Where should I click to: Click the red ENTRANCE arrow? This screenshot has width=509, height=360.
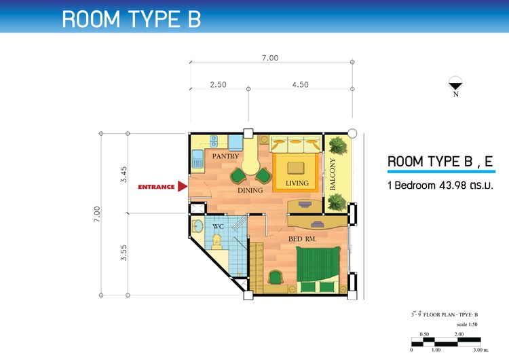click(x=183, y=187)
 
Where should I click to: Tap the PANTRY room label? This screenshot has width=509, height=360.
click(x=225, y=156)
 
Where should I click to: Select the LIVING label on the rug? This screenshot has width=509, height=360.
click(x=297, y=183)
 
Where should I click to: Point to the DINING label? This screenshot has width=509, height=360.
click(x=250, y=190)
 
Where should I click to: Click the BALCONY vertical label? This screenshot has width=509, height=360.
click(x=332, y=175)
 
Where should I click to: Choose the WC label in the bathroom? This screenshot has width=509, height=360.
click(x=218, y=226)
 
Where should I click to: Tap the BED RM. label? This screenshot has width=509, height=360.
click(x=302, y=239)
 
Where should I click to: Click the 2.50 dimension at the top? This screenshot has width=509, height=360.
click(x=218, y=85)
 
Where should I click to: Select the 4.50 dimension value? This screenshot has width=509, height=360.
click(x=300, y=85)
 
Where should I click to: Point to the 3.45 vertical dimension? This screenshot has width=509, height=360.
click(x=124, y=174)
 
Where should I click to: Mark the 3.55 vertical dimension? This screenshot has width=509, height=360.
click(x=124, y=253)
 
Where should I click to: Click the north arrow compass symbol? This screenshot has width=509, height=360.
click(x=456, y=84)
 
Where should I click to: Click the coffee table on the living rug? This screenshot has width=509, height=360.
click(x=296, y=168)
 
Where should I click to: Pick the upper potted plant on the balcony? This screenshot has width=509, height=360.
click(x=338, y=145)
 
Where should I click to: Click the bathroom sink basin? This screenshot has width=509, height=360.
click(x=197, y=226)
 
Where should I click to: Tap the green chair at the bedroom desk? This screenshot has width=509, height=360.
click(x=276, y=278)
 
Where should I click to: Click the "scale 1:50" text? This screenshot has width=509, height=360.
click(x=467, y=324)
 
